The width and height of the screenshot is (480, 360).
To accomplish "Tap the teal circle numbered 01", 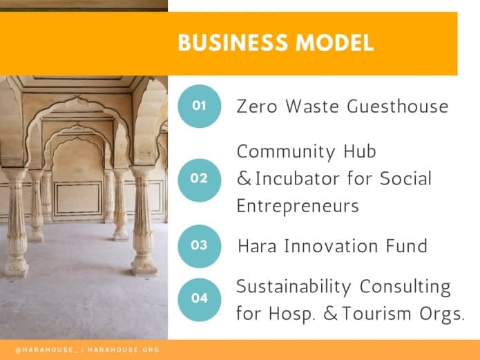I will [x=199, y=106].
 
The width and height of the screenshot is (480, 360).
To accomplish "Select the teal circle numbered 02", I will [x=199, y=178].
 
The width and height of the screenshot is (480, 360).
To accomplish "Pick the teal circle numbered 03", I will [x=199, y=245].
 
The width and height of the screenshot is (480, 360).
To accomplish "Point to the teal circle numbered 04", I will [x=199, y=299].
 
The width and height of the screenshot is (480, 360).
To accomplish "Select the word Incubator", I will [x=296, y=179].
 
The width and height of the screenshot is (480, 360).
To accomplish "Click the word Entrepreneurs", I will [x=298, y=206].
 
